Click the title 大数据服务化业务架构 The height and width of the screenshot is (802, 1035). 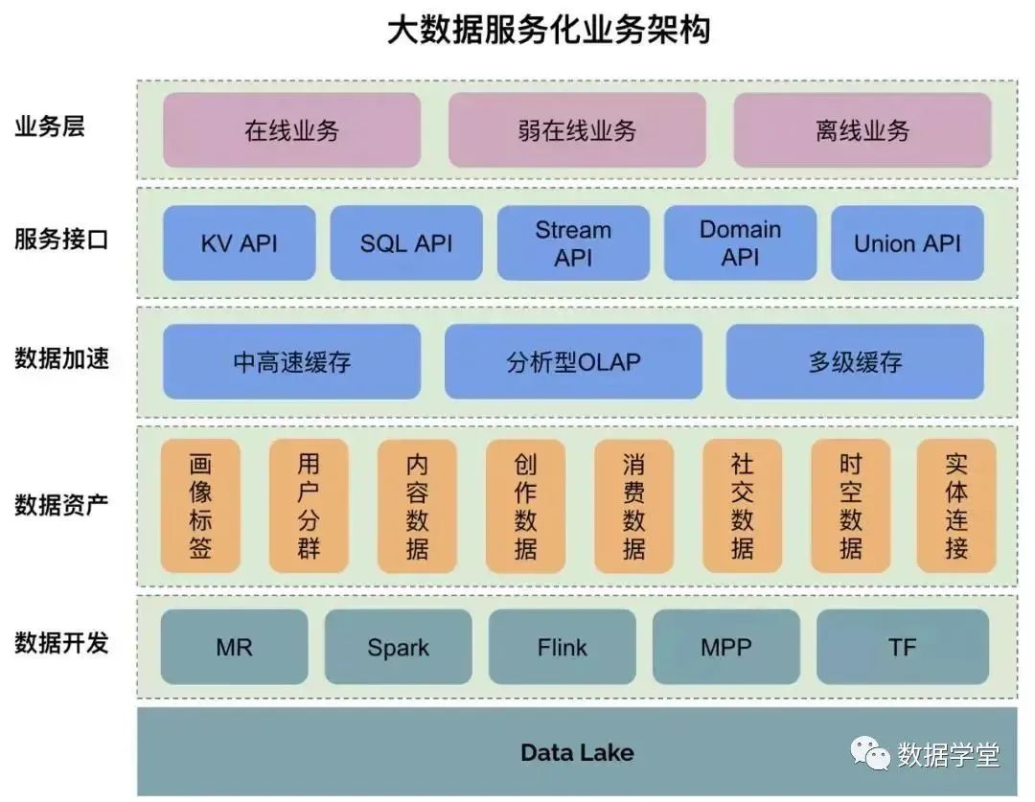[549, 30]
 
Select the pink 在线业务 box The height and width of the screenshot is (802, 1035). [291, 130]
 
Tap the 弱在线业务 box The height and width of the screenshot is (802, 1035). [577, 130]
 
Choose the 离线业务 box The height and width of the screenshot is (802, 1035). [862, 130]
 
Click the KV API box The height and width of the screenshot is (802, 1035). [239, 243]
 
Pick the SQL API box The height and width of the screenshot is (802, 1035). [405, 243]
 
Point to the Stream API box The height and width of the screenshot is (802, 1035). [573, 243]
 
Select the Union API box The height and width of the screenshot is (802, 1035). [907, 243]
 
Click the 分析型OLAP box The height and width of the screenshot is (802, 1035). [573, 361]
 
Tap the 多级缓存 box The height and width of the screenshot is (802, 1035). [855, 361]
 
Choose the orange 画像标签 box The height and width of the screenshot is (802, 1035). [200, 507]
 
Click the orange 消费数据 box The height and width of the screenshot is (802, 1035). [633, 507]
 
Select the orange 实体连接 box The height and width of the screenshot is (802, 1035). [955, 507]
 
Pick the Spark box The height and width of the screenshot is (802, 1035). [398, 647]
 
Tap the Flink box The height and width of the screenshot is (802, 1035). [562, 647]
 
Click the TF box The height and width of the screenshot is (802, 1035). [902, 647]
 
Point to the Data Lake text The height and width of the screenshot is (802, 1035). [577, 752]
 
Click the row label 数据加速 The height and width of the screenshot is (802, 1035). [61, 358]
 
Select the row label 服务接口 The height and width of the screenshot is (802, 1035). [61, 240]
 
